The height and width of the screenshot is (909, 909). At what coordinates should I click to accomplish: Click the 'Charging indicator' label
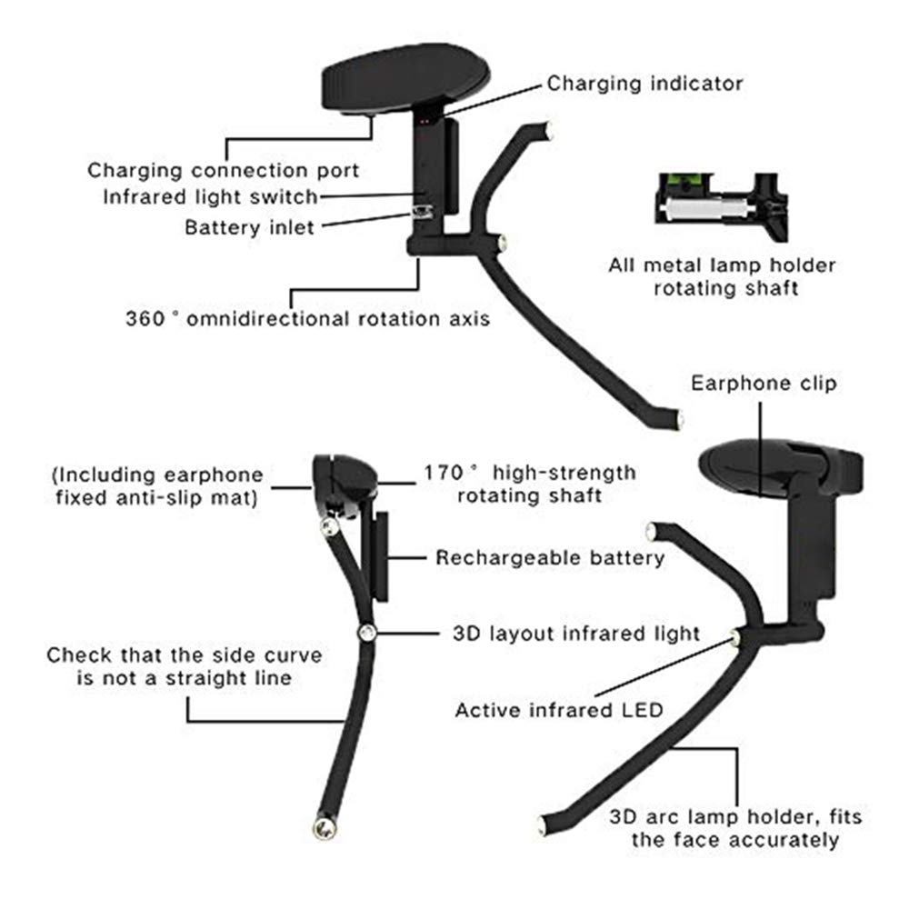pyautogui.click(x=644, y=84)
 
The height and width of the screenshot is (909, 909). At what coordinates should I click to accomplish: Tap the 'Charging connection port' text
pyautogui.click(x=224, y=170)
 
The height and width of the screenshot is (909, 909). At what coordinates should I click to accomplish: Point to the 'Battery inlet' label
pyautogui.click(x=249, y=225)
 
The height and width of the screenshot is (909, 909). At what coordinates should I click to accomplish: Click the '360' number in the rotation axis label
pyautogui.click(x=145, y=319)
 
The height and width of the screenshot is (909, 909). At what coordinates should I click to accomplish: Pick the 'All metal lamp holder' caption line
pyautogui.click(x=722, y=266)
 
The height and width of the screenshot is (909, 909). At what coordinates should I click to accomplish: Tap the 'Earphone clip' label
pyautogui.click(x=764, y=383)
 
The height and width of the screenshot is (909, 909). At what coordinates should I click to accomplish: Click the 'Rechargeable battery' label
pyautogui.click(x=550, y=557)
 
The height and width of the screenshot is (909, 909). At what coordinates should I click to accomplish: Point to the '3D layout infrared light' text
pyautogui.click(x=576, y=633)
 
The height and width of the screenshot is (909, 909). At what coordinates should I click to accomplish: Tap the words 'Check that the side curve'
pyautogui.click(x=185, y=655)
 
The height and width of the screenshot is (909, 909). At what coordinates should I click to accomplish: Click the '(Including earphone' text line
pyautogui.click(x=157, y=474)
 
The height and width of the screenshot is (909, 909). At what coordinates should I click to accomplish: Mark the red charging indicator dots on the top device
pyautogui.click(x=425, y=118)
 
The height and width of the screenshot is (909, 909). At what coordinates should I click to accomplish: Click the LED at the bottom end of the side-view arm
pyautogui.click(x=323, y=825)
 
